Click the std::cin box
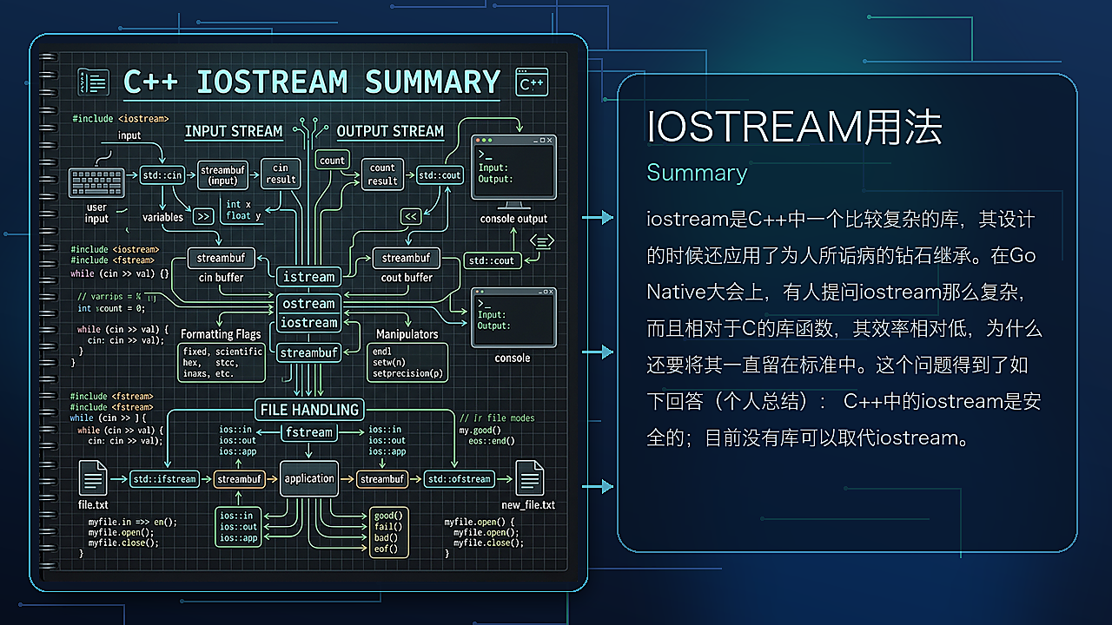162,175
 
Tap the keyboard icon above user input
96,182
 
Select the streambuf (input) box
223,175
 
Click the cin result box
281,174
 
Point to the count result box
382,174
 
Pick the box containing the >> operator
203,217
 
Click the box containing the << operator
411,216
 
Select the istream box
309,277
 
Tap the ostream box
309,304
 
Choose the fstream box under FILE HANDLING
309,431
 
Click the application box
309,478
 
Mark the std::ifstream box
164,478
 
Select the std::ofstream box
459,478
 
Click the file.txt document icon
93,477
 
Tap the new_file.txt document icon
529,477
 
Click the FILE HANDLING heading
309,409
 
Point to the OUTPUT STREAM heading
390,131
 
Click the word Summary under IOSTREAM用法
697,173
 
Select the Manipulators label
407,333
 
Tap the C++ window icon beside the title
532,82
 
